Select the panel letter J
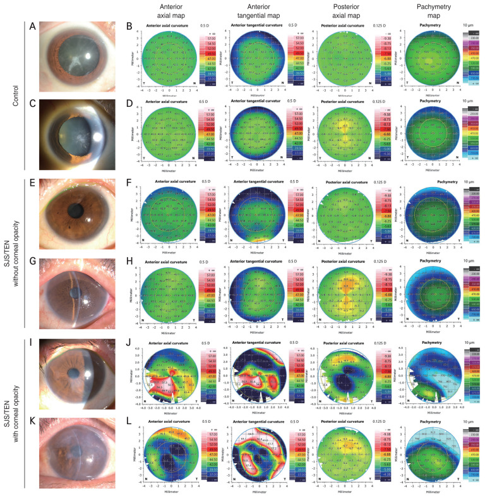pos(129,342)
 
